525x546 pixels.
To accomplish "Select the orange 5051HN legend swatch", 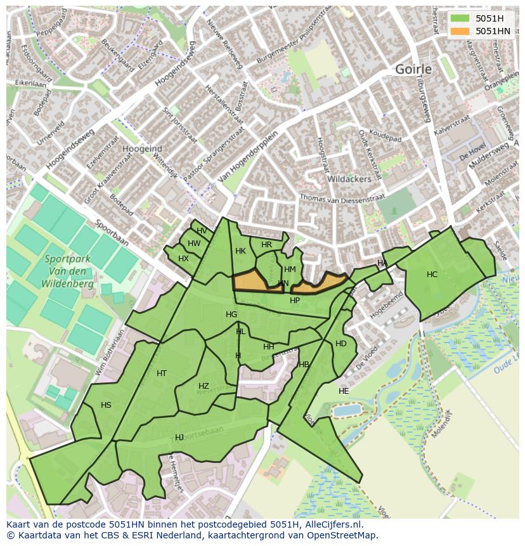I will [461, 31].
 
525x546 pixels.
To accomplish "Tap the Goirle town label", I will [413, 69].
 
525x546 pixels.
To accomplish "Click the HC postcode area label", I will [432, 275].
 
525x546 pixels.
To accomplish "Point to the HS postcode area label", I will [106, 405].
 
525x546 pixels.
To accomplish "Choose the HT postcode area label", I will [162, 374].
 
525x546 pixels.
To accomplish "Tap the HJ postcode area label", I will [179, 438].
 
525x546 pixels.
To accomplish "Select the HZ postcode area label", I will [204, 386].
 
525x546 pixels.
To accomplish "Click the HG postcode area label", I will [231, 315].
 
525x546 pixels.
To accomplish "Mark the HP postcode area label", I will [295, 301].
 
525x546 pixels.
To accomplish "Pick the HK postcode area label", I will [240, 251].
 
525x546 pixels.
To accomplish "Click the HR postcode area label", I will [266, 245].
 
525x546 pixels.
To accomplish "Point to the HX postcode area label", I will [183, 259].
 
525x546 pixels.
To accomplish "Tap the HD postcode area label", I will [341, 344].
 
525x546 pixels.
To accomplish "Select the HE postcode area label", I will [344, 391].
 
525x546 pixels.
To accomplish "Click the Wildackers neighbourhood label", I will [349, 179].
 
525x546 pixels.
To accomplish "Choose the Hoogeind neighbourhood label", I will [142, 148].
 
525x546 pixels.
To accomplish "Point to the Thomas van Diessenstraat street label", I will [342, 198].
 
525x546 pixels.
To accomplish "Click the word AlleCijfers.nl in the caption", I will [340, 524].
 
